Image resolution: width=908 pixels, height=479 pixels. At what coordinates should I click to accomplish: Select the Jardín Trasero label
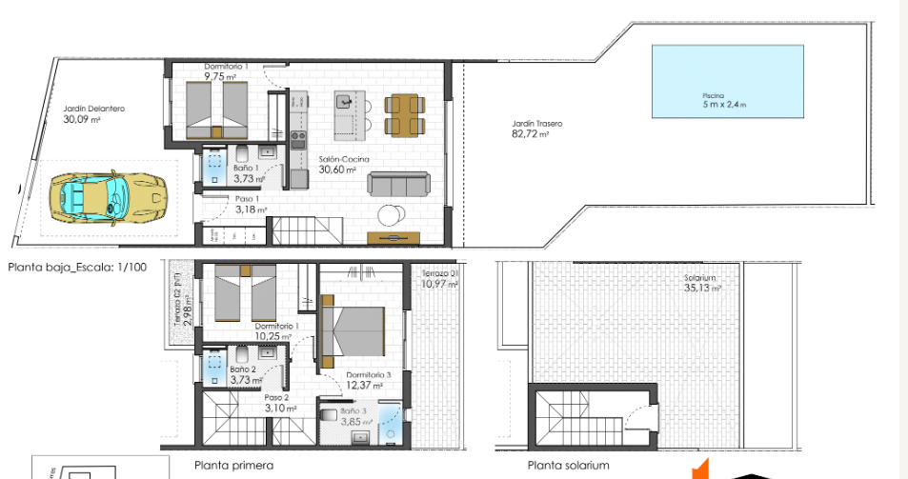(536, 124)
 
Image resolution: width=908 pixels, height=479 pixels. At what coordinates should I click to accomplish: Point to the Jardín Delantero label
(93, 109)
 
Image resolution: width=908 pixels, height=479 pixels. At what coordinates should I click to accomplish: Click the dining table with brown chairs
(400, 114)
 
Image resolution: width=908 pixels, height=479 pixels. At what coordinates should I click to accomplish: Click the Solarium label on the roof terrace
(699, 279)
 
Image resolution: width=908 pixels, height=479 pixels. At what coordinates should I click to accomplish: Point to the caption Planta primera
(233, 466)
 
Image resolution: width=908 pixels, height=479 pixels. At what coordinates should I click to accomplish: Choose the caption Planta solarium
(568, 466)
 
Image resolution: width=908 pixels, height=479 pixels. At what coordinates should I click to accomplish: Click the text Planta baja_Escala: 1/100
(77, 268)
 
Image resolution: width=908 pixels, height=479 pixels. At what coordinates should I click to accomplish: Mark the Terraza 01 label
(441, 274)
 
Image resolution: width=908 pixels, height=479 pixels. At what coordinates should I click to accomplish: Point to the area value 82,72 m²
(530, 134)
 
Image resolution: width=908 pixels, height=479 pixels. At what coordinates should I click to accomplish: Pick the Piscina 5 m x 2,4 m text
(714, 100)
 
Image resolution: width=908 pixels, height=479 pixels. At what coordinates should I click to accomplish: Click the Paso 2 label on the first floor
(276, 398)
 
